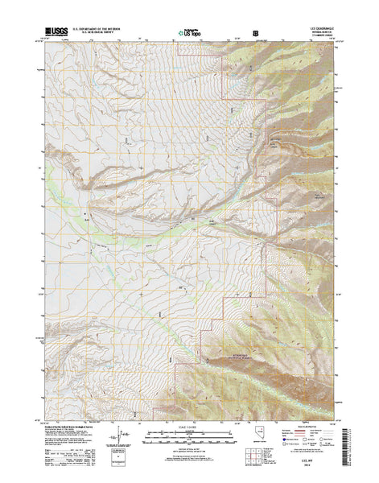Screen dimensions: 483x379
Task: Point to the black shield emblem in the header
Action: pyautogui.click(x=256, y=33)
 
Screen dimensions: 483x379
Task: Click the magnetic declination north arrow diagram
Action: pyautogui.click(x=121, y=436)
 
